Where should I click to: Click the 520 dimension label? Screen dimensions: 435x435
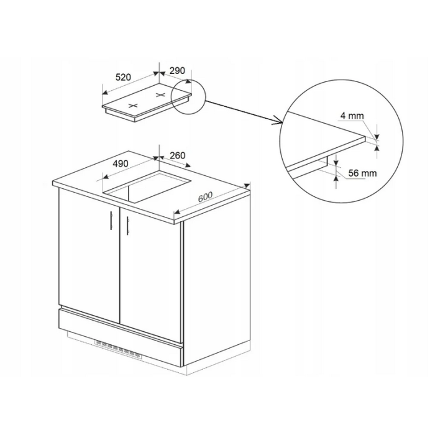[123, 77]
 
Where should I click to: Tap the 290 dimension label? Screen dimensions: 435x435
[177, 71]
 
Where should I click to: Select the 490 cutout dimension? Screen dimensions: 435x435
[121, 163]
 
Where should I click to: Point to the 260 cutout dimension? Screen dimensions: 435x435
[177, 155]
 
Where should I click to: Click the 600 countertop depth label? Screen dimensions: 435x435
[205, 197]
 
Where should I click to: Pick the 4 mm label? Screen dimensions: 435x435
[352, 116]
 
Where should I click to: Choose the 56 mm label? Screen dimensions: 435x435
[362, 173]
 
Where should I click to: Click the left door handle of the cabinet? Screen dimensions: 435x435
[111, 221]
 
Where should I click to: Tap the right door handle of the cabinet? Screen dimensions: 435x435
[128, 225]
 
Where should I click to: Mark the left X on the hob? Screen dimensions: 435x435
[133, 106]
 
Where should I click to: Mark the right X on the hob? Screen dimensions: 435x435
[160, 95]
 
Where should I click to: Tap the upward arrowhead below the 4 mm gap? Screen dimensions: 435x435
[377, 147]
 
